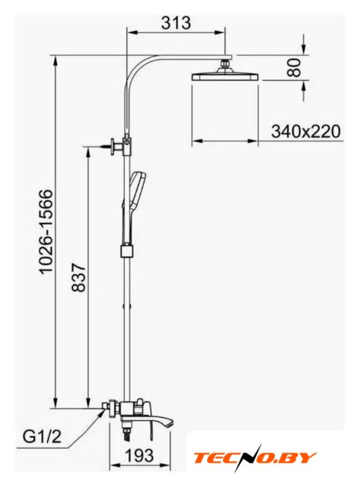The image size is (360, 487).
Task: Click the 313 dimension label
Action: point(176,23)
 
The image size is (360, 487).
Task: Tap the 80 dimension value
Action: point(294,68)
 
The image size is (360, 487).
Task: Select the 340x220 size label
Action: point(306,131)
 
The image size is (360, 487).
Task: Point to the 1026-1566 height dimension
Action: point(46,231)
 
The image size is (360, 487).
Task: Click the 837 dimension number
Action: point(78,277)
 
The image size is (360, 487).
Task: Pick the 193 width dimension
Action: point(139,455)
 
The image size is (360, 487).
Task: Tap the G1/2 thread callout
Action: point(42,438)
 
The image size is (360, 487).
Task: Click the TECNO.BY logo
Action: point(255,458)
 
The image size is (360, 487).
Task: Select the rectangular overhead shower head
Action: point(225,76)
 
